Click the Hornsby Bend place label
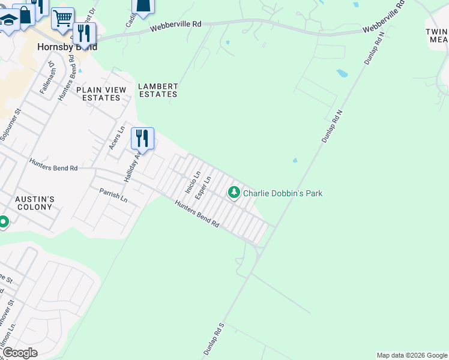click(x=67, y=46)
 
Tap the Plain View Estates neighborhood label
click(x=101, y=94)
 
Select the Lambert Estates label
click(x=158, y=90)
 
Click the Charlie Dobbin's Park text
click(x=283, y=193)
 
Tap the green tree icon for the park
click(x=233, y=193)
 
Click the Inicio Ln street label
click(x=192, y=181)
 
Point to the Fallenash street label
click(x=47, y=76)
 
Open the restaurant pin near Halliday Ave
click(x=142, y=138)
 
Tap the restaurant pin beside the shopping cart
click(x=84, y=33)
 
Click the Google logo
click(x=19, y=353)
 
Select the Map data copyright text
click(x=412, y=355)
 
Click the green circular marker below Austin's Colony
click(x=3, y=223)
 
